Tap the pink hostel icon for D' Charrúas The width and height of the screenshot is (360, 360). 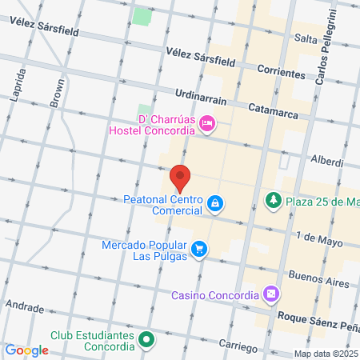207,123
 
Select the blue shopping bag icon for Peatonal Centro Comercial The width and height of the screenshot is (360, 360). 214,203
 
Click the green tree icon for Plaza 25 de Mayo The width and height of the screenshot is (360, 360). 274,198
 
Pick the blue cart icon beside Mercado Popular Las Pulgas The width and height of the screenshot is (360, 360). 199,250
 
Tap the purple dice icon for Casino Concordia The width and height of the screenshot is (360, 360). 272,294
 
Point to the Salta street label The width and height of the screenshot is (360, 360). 306,38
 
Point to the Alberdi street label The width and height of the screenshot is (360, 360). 326,159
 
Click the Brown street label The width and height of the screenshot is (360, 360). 58,91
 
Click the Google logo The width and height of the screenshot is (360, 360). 26,350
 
